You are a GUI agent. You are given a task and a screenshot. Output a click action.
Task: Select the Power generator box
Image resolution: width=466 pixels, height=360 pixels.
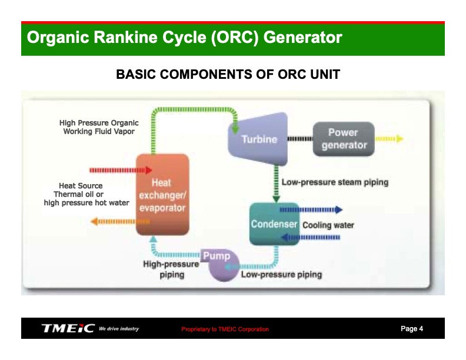(344, 139)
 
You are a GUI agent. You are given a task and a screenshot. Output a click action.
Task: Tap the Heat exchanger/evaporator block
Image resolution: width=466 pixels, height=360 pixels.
(162, 195)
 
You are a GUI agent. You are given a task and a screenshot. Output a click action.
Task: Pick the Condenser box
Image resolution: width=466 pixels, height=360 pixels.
(274, 224)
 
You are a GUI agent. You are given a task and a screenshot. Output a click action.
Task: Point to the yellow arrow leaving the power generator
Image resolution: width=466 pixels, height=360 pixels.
(389, 139)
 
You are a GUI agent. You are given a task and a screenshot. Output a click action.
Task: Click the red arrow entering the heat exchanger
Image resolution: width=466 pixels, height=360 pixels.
(120, 171)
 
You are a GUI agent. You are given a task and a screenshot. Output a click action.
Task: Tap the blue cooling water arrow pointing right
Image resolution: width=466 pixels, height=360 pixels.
(311, 209)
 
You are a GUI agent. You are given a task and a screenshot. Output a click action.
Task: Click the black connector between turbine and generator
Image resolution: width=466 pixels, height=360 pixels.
(299, 139)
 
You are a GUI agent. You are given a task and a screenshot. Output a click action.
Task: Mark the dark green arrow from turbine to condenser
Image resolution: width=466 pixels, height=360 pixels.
(275, 183)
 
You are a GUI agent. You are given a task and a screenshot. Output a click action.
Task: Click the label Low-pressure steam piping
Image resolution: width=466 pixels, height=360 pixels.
(335, 182)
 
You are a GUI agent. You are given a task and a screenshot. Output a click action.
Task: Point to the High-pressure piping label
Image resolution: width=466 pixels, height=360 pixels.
(171, 269)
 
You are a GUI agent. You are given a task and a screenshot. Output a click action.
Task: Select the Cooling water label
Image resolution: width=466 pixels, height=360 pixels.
(328, 225)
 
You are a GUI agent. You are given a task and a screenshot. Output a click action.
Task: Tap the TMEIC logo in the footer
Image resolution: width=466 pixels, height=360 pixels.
(68, 328)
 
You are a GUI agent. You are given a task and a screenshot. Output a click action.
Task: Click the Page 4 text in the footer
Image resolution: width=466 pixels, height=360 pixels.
(411, 329)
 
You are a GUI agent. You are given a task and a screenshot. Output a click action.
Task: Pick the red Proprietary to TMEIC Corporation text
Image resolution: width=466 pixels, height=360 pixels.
(225, 329)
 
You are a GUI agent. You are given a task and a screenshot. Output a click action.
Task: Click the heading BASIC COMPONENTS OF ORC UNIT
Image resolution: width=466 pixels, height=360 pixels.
(228, 75)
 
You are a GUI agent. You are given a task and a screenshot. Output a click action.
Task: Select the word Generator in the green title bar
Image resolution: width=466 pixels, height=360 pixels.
(302, 38)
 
